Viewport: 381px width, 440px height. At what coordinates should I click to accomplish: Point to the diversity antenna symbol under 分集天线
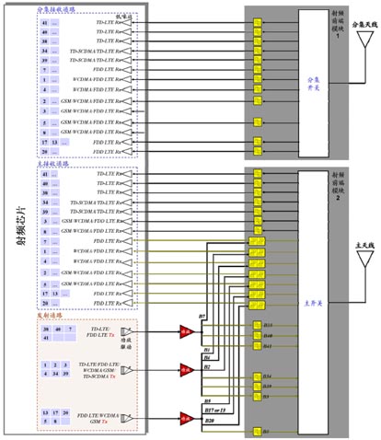coord(353,46)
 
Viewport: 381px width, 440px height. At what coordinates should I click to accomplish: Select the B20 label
coord(210,394)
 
